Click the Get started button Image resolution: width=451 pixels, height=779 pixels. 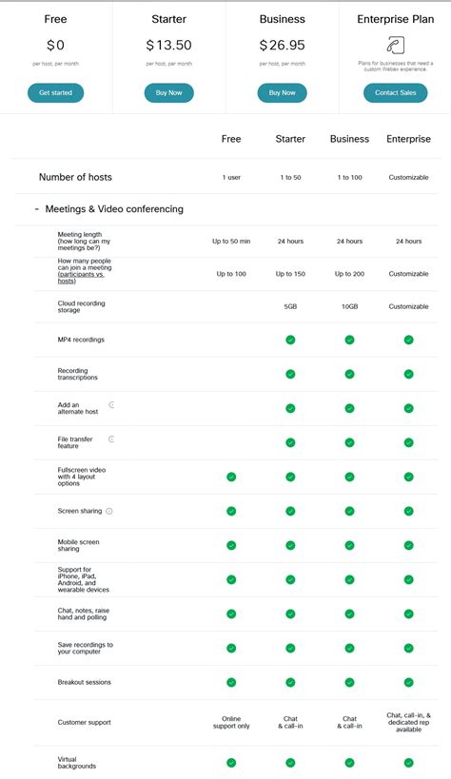coord(55,92)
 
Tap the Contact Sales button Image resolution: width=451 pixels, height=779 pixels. coord(395,92)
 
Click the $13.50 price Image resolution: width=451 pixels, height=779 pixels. coord(168,45)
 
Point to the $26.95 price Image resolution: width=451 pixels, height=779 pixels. coord(282,45)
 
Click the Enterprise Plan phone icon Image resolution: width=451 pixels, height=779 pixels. coord(395,44)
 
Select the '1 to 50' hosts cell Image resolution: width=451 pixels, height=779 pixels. coord(290,177)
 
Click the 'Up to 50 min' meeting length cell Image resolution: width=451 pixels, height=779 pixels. coord(231,242)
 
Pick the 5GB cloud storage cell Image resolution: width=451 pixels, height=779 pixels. coord(290,306)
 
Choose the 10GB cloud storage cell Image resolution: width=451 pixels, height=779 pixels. coord(349,306)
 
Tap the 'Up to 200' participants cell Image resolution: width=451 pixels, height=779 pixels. coord(349,274)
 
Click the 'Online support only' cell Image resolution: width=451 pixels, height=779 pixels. coord(231,723)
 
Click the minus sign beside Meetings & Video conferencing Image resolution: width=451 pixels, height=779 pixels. coord(36,209)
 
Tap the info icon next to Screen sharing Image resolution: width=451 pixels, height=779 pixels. coord(109,511)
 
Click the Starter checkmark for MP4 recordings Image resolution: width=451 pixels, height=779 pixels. coord(290,340)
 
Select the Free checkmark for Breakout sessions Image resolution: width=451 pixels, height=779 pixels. coord(231,682)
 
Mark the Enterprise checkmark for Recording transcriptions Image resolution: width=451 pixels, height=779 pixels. coord(408,374)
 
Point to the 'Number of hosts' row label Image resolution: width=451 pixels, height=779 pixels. coord(76,177)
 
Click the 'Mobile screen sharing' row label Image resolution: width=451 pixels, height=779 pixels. coord(80,545)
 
